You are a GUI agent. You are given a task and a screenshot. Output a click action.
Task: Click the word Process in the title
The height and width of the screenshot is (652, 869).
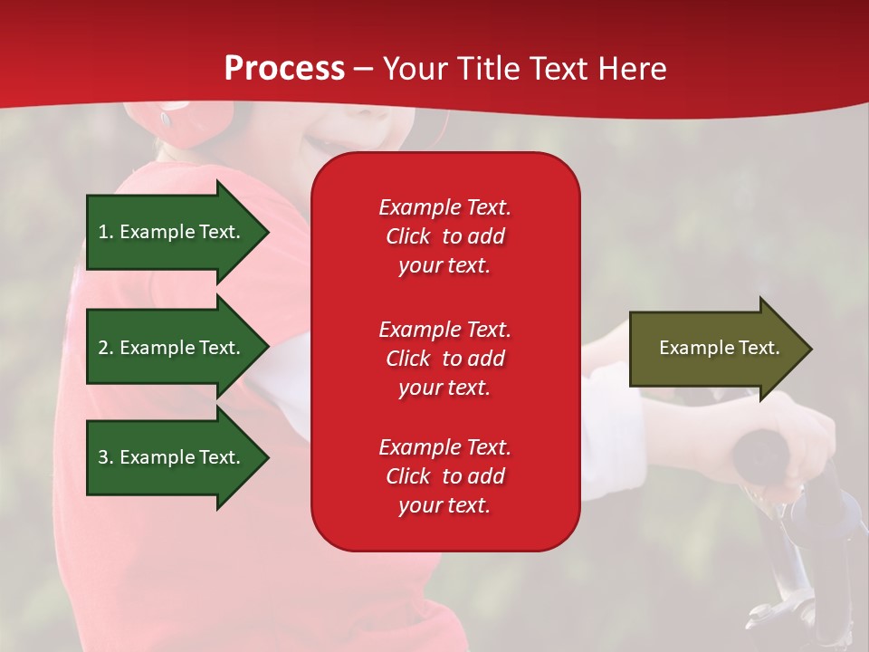click(284, 69)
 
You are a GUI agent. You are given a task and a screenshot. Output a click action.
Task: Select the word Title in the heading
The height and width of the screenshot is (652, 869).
click(487, 68)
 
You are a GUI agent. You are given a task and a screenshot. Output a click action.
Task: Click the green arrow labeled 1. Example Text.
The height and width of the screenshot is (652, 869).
click(177, 232)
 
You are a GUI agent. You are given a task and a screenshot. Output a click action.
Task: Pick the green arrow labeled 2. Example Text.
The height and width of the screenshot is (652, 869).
click(177, 347)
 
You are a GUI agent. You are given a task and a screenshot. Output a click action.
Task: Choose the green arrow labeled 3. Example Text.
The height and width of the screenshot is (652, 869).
click(177, 456)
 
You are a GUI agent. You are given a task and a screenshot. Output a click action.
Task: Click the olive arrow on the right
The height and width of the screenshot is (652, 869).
click(721, 348)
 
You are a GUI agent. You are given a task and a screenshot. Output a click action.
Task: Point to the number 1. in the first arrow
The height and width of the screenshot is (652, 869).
click(106, 232)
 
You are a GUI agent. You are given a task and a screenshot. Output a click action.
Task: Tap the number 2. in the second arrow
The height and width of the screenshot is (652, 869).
click(106, 348)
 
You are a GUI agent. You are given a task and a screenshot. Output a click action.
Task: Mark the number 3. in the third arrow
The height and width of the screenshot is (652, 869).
click(106, 456)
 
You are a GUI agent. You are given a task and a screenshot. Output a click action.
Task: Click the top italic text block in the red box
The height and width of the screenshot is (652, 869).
click(444, 236)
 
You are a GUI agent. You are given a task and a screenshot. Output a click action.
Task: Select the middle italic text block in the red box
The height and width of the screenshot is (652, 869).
click(444, 359)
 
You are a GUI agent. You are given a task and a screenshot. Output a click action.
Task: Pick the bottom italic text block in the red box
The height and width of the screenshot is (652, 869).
click(444, 475)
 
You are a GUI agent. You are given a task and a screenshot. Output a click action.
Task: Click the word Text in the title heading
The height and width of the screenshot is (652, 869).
click(558, 68)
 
